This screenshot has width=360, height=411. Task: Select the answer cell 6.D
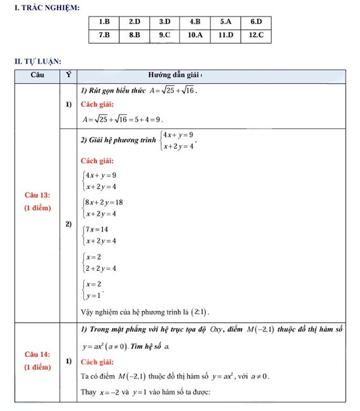pos(256,22)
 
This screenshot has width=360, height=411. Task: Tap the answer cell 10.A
pos(195,35)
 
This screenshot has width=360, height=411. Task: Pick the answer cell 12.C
pos(256,35)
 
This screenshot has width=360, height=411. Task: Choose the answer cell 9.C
pos(164,35)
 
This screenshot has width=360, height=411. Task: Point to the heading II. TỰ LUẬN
pos(38,61)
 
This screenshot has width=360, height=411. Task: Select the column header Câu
pos(37,75)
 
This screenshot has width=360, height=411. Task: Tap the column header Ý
pos(68,75)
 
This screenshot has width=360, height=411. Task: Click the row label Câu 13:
pos(37,195)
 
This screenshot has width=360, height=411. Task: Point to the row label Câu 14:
pos(37,354)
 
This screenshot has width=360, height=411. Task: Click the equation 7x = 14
pos(97,229)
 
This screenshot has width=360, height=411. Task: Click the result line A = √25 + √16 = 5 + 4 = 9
pos(122,119)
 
